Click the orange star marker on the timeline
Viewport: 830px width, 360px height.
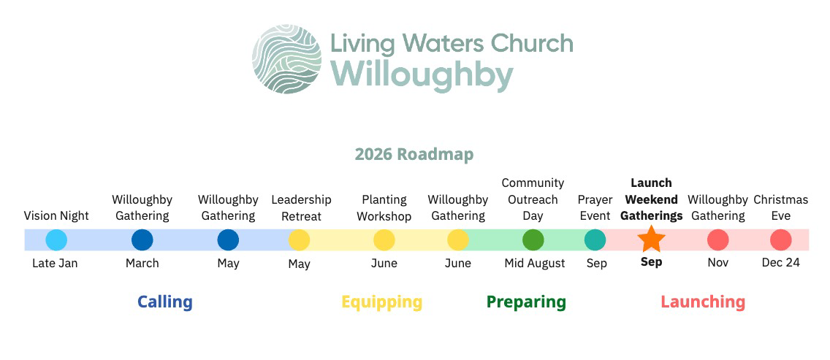click(651, 240)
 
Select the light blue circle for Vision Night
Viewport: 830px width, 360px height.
click(56, 240)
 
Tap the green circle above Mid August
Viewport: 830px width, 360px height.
click(533, 240)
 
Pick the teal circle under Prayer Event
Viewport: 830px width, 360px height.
click(595, 240)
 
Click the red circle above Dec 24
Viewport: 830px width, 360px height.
click(781, 240)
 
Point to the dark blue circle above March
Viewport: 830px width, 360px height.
click(142, 240)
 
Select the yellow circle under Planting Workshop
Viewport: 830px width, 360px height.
click(384, 240)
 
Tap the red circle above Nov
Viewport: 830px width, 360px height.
click(717, 240)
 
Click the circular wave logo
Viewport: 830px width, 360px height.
click(287, 58)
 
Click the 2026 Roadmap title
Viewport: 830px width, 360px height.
click(414, 154)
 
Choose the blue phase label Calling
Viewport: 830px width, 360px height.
click(165, 302)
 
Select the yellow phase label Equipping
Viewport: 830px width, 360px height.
click(382, 302)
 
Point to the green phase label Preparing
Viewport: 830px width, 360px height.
click(526, 302)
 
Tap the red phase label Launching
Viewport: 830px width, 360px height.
click(703, 302)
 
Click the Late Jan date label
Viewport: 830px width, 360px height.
click(55, 263)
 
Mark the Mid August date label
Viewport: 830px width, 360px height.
click(535, 263)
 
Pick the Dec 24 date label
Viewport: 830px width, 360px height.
click(781, 263)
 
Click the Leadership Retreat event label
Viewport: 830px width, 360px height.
click(301, 208)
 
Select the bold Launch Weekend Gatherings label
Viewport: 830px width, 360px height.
click(652, 199)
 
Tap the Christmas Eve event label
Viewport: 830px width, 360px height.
click(781, 208)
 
